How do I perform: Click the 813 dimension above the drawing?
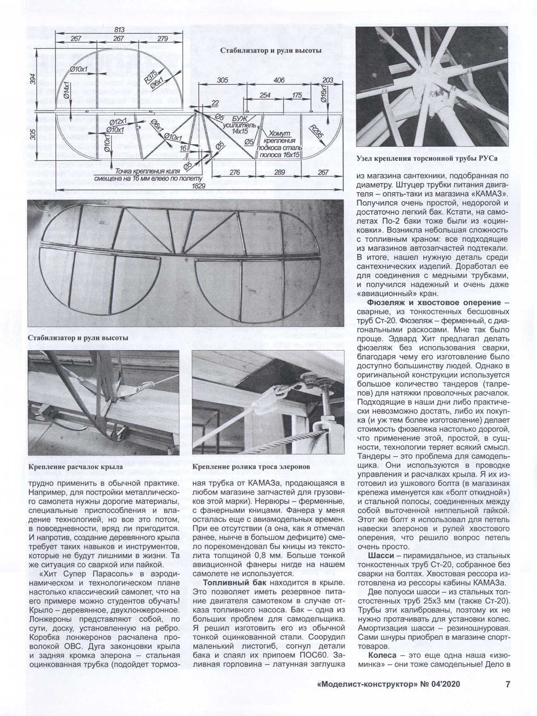click(x=120, y=29)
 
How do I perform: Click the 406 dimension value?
click(x=279, y=80)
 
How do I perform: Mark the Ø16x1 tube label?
click(x=323, y=94)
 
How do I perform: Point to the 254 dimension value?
click(x=265, y=95)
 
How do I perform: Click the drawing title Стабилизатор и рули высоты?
click(x=270, y=50)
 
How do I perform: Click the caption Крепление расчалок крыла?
click(x=76, y=467)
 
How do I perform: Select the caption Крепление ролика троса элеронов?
click(x=251, y=467)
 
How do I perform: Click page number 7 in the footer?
click(x=508, y=685)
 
